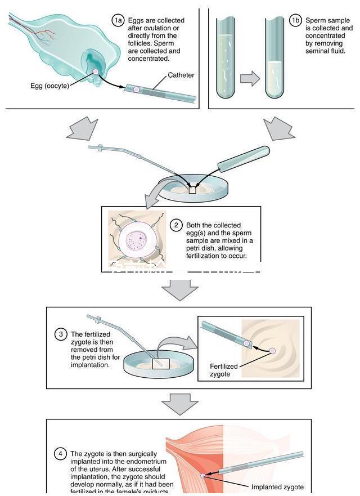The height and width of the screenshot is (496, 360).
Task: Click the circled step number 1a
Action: click(x=117, y=20)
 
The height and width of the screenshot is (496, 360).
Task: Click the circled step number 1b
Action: click(x=295, y=20)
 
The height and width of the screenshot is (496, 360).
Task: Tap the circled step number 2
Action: click(x=176, y=225)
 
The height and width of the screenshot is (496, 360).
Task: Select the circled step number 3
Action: click(x=61, y=334)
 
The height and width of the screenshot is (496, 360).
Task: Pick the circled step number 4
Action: click(x=61, y=454)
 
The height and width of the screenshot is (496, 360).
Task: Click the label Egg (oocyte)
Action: click(x=49, y=86)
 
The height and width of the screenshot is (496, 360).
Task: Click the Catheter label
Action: click(x=181, y=75)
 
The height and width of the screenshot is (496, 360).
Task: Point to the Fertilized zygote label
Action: click(x=223, y=370)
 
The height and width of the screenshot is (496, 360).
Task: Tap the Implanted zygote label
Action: click(x=277, y=487)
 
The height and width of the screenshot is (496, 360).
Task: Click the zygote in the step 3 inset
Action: click(x=273, y=351)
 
